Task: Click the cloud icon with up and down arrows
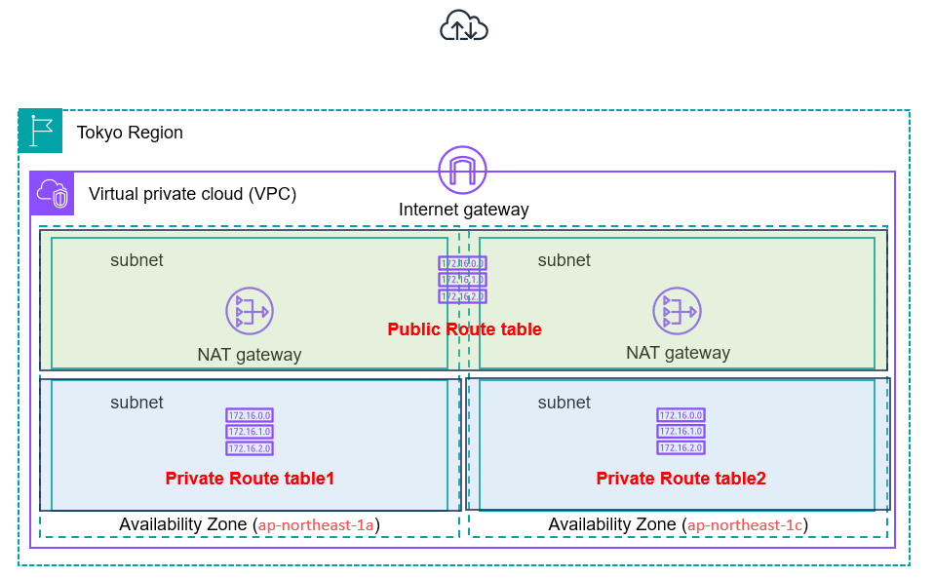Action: pos(464,25)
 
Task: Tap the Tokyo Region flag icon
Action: pos(40,131)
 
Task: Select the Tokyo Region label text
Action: pos(130,133)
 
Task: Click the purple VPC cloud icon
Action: pos(52,194)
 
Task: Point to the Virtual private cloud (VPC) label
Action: pos(192,193)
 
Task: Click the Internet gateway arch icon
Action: pos(462,171)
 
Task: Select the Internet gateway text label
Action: pos(463,210)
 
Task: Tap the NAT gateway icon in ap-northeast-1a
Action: pos(250,312)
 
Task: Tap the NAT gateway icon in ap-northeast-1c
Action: pos(677,312)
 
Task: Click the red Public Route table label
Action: pos(464,329)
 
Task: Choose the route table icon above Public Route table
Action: pos(462,280)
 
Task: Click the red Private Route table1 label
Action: pos(250,479)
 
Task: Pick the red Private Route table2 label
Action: pos(681,479)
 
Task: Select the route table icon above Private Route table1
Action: pos(250,432)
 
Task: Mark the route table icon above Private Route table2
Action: pos(681,432)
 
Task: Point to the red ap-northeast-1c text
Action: pos(745,525)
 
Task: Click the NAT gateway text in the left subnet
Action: pos(250,355)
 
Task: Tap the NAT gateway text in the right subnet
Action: pos(678,353)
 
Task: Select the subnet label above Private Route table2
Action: pos(564,403)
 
